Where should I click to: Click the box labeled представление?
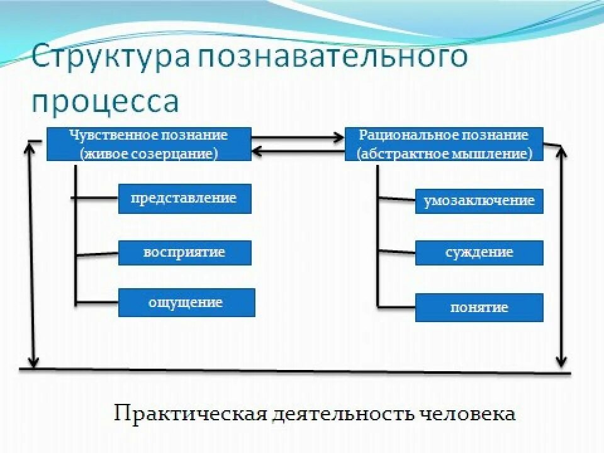tap(184, 199)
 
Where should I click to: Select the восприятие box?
tap(184, 253)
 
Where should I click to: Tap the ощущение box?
tap(186, 303)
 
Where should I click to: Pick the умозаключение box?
tap(479, 201)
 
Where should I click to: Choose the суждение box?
tap(479, 253)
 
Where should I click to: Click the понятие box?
tap(479, 308)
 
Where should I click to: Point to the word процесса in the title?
tap(106, 101)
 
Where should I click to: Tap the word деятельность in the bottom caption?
tap(342, 415)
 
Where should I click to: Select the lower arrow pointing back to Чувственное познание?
tap(298, 150)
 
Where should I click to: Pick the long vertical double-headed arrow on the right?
tap(561, 255)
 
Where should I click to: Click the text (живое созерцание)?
tap(149, 153)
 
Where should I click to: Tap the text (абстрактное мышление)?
tap(444, 153)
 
